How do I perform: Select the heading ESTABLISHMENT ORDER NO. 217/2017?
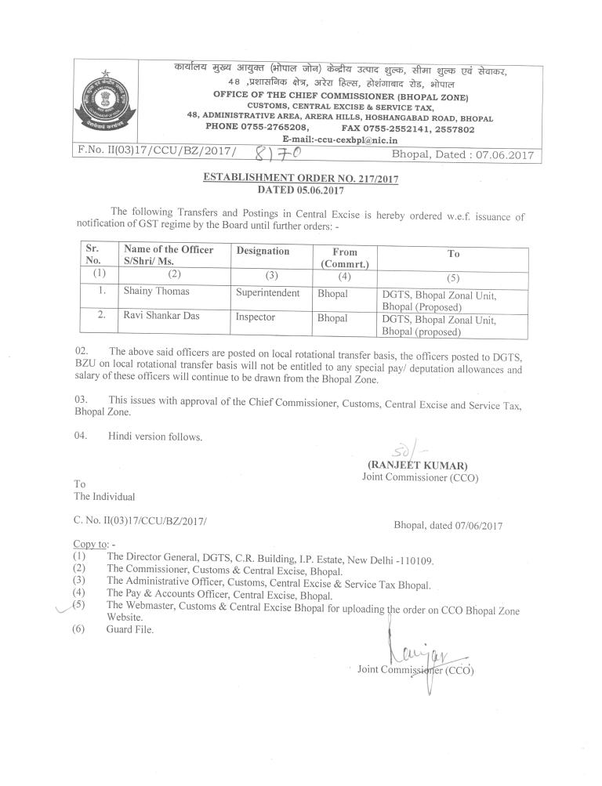300,179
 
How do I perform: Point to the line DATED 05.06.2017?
300,190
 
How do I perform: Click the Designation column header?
263,252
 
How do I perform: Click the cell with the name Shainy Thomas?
156,291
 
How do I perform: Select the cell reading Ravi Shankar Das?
162,319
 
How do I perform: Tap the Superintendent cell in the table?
268,292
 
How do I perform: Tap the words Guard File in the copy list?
130,629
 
